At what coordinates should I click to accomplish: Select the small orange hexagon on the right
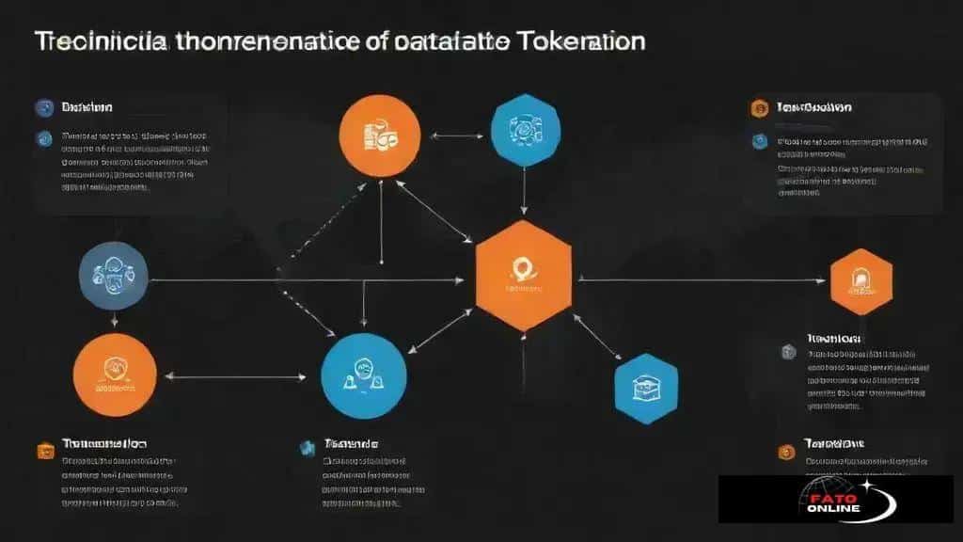860,280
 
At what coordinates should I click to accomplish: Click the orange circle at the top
379,135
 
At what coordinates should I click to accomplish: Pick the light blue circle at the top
526,130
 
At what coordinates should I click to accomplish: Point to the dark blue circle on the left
114,276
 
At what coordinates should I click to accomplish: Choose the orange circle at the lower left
114,375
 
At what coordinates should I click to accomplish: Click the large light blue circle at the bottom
363,376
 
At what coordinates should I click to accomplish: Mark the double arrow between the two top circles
455,135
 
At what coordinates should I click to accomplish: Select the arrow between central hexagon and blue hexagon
596,337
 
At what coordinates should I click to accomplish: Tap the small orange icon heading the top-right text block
759,108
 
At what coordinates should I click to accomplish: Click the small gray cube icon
788,351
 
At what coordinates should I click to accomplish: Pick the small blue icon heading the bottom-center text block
307,448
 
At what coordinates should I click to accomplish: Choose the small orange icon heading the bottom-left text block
45,451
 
